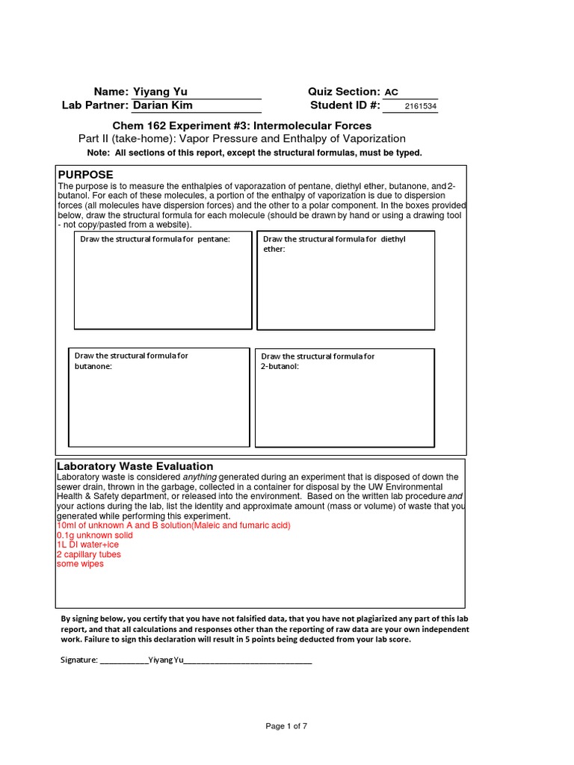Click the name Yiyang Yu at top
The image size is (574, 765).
[160, 92]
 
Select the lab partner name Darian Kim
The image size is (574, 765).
[162, 106]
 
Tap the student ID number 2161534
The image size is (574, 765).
[420, 107]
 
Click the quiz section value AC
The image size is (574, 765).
[392, 93]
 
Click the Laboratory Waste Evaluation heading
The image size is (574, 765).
[135, 466]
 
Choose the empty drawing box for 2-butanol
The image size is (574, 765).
[345, 407]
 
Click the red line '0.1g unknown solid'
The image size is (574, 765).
[95, 536]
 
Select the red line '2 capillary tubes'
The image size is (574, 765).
[88, 554]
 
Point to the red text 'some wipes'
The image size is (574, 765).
[80, 564]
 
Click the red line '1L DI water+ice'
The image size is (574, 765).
[87, 545]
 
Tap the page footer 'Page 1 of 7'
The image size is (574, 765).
[287, 726]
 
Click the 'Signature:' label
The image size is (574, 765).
[78, 660]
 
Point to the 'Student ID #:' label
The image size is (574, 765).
[345, 106]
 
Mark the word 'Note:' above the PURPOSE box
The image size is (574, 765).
[99, 153]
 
